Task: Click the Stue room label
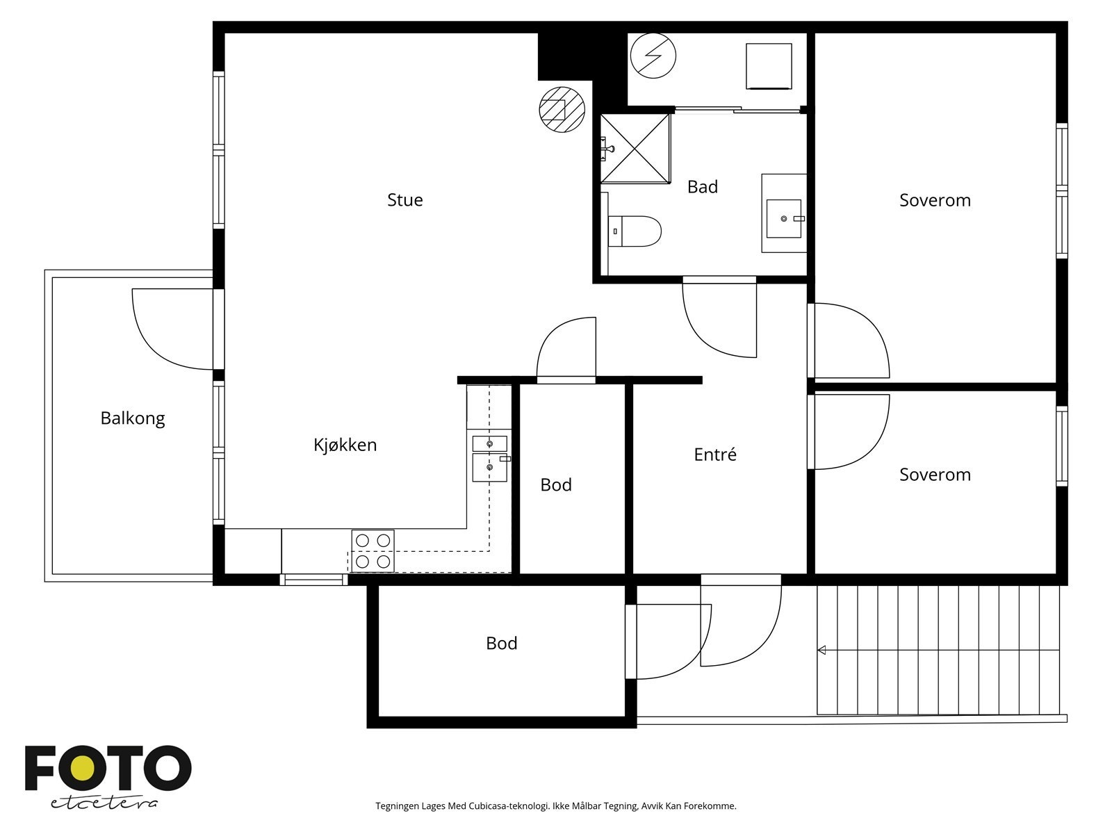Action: click(404, 199)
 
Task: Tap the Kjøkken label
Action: click(345, 445)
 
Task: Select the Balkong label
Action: click(133, 419)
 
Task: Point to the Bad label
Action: click(702, 187)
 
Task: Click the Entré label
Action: click(715, 455)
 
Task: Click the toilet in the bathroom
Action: click(635, 231)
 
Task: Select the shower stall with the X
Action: click(635, 148)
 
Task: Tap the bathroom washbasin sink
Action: click(784, 218)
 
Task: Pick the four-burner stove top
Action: click(373, 551)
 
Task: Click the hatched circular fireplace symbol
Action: click(562, 109)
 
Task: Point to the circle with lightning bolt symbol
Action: click(653, 56)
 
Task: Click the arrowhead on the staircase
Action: click(821, 651)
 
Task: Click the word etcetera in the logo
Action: click(104, 803)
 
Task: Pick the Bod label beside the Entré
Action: click(556, 484)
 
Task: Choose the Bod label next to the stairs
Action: click(501, 643)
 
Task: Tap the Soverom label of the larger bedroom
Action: click(935, 200)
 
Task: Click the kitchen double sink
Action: click(489, 458)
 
